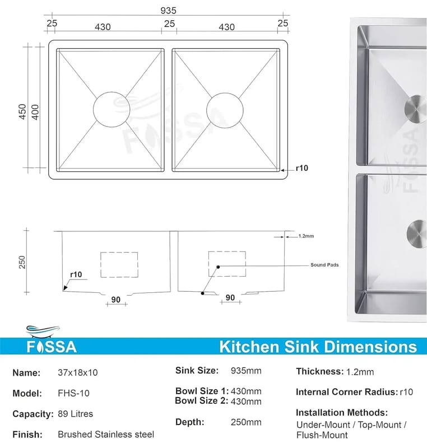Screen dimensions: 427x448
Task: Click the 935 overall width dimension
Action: [168, 11]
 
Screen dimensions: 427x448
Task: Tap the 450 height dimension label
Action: [22, 111]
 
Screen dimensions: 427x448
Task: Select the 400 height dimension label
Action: [35, 112]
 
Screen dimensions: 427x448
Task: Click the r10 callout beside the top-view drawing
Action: [302, 168]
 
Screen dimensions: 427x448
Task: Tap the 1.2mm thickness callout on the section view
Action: [306, 236]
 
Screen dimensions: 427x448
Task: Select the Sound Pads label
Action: [324, 265]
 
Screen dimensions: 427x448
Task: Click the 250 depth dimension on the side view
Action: [22, 262]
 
